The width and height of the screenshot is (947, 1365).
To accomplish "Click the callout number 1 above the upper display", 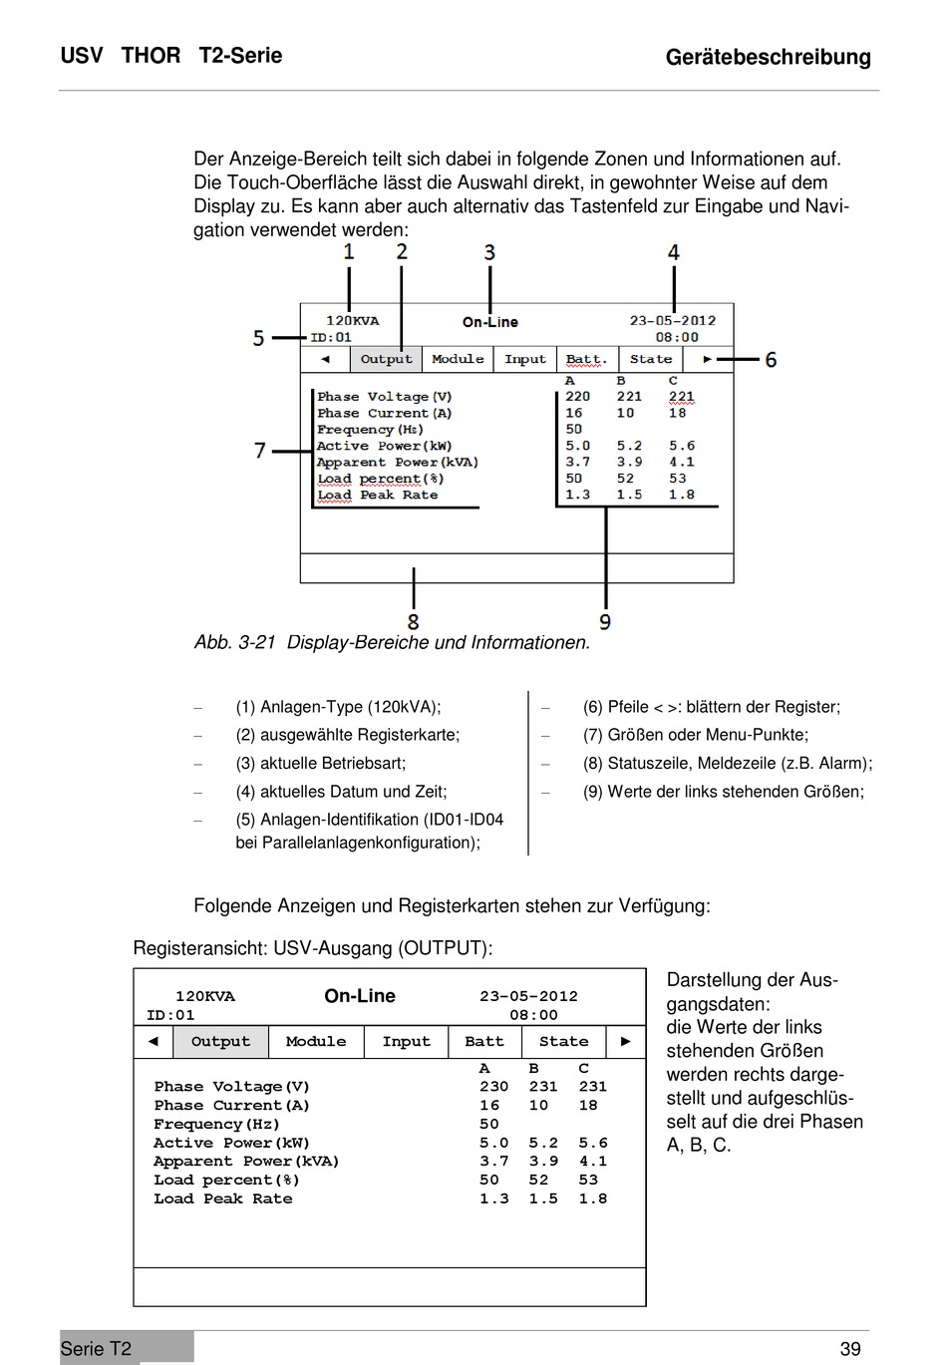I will click(349, 251).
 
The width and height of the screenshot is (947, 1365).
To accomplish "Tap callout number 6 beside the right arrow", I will click(771, 359).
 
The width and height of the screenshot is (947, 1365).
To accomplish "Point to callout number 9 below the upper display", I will click(605, 622).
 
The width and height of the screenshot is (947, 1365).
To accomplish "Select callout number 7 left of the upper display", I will click(260, 451).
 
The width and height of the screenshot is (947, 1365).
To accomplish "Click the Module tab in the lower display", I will click(316, 1042).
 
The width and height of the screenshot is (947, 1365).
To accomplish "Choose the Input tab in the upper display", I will click(525, 359).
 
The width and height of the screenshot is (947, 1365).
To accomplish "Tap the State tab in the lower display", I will click(563, 1042).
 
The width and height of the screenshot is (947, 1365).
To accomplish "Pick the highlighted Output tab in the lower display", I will click(220, 1042).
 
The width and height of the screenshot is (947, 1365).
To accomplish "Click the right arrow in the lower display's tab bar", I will click(626, 1041).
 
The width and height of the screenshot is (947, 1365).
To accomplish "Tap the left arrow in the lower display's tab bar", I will click(153, 1041).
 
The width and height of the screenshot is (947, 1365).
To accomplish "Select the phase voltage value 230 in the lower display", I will click(493, 1087).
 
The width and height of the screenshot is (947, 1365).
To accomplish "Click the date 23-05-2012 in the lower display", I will click(528, 996).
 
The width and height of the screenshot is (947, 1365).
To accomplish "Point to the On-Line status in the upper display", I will click(490, 322).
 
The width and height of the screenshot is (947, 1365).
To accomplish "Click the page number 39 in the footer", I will click(850, 1349).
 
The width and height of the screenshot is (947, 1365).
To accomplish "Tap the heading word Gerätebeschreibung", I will click(768, 58).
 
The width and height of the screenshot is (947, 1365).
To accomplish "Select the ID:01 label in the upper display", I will click(331, 337).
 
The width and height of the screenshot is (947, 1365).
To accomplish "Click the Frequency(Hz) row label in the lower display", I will click(217, 1125).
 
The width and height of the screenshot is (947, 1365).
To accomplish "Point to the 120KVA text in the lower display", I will click(205, 996).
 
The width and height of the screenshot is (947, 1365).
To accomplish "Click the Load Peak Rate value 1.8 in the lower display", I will click(593, 1199).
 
